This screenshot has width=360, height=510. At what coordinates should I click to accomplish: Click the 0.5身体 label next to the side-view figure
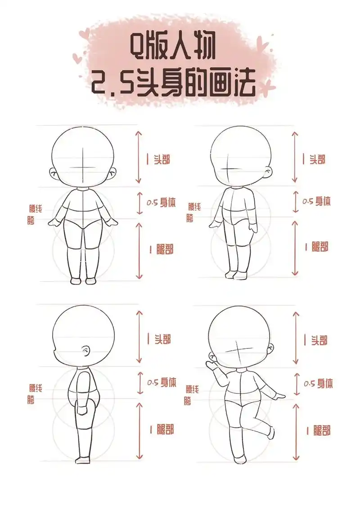click(x=162, y=382)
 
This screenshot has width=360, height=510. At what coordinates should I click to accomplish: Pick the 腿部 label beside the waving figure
click(x=318, y=430)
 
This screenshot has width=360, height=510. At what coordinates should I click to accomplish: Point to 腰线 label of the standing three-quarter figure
click(x=194, y=207)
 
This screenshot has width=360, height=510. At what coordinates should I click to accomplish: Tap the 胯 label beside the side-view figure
click(x=31, y=401)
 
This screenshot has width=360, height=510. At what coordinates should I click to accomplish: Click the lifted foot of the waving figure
click(x=271, y=433)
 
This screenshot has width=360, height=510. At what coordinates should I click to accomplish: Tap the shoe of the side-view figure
click(x=82, y=460)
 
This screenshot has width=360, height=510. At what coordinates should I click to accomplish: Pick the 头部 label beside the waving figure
click(x=318, y=340)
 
